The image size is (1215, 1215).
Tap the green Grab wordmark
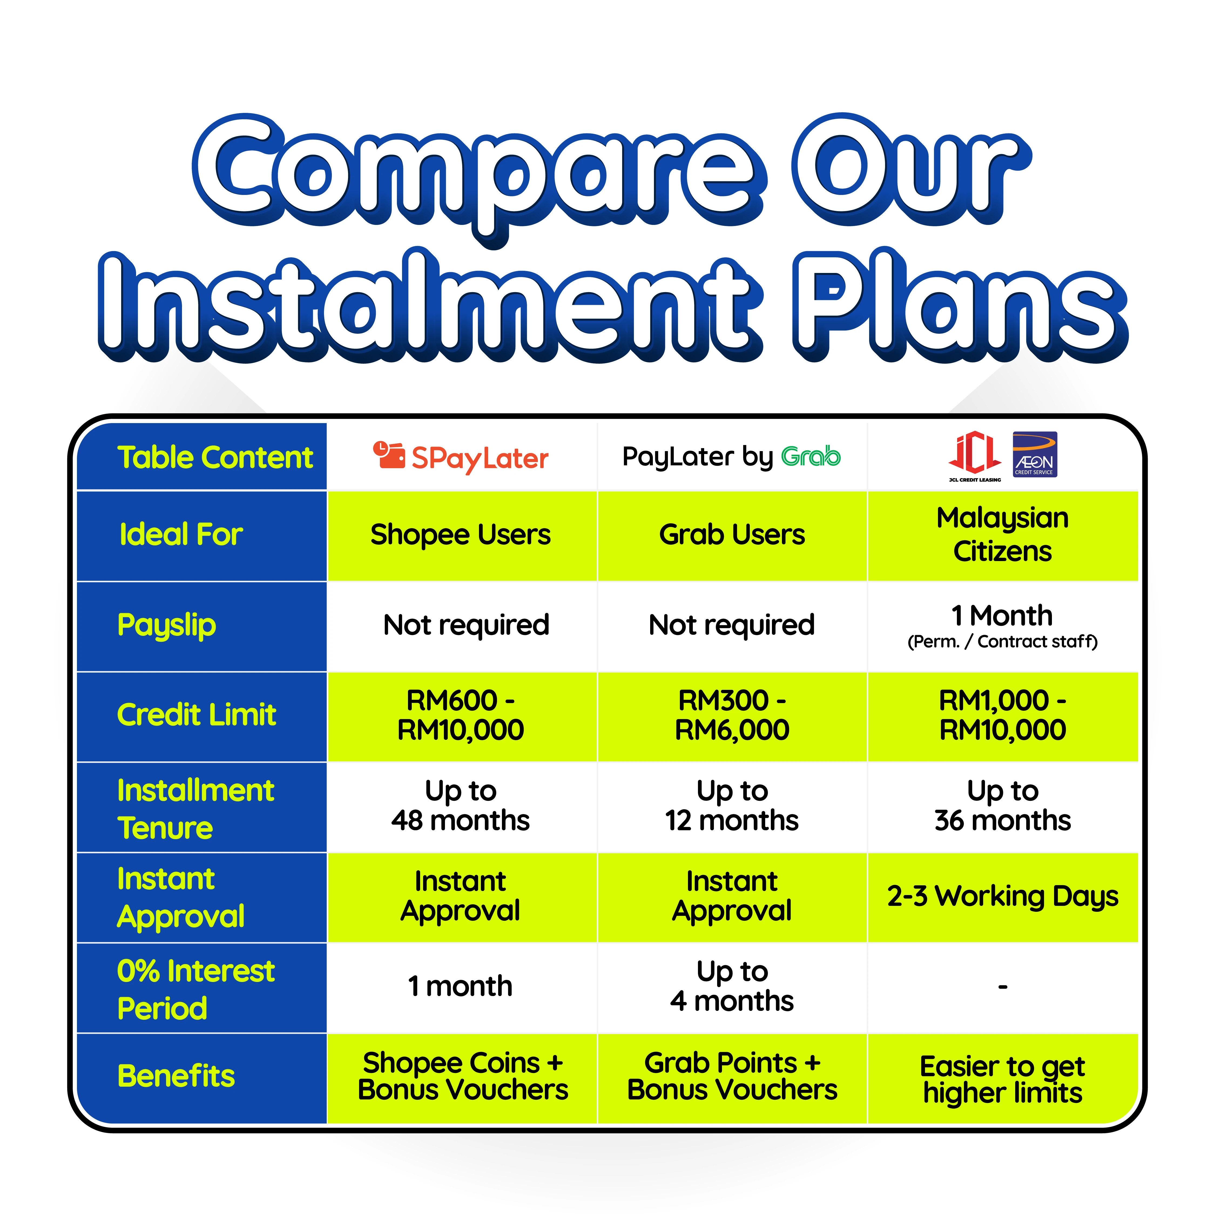(x=811, y=456)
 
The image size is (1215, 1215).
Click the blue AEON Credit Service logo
(x=1035, y=454)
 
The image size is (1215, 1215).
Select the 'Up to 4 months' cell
(x=732, y=987)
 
